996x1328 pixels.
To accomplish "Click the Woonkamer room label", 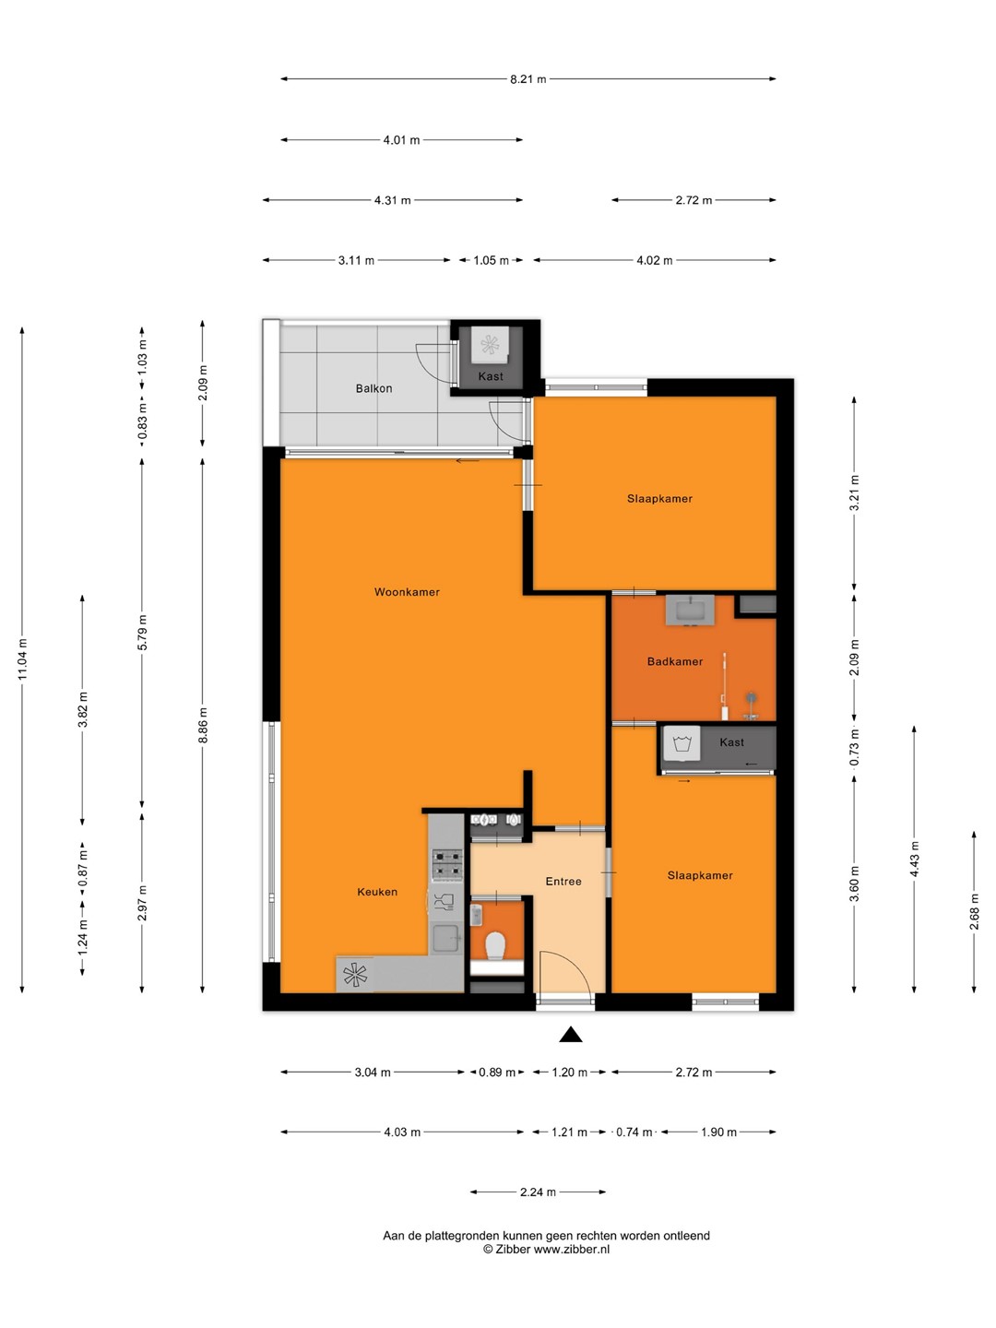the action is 407,592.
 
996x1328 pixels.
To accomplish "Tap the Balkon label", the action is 373,388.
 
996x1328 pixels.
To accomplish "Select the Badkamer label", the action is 675,661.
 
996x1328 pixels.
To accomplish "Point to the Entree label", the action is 563,882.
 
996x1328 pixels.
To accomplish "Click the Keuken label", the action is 377,892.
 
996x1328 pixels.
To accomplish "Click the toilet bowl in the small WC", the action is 496,945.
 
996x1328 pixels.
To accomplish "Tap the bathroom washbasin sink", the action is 690,610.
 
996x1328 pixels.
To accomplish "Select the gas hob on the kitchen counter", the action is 447,864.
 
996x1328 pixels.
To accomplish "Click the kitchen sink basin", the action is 447,940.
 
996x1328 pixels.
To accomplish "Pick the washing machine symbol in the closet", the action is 682,743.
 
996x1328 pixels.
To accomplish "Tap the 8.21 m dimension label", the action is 528,78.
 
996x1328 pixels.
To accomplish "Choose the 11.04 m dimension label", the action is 23,659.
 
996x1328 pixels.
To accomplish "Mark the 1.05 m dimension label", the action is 491,260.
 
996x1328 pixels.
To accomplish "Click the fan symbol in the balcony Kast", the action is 490,345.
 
